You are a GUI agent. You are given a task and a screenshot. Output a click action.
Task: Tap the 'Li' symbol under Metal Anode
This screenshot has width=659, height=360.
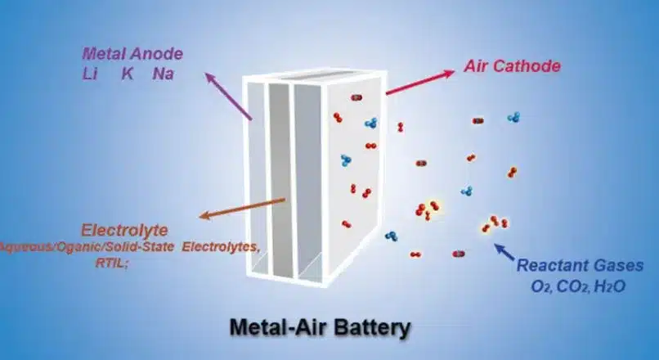[90, 74]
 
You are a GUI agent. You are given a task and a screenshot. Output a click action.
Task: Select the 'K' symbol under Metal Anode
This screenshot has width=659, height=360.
[128, 74]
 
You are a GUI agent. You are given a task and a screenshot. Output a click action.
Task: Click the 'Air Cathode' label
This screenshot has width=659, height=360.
[513, 65]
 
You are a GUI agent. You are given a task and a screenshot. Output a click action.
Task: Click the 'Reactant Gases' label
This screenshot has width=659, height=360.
[585, 266]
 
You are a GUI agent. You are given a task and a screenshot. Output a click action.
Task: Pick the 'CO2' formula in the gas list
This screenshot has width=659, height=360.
[584, 286]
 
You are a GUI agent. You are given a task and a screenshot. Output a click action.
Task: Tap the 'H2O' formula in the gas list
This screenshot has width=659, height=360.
[625, 286]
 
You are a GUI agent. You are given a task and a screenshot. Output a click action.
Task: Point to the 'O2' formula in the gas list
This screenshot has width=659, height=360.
[545, 286]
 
